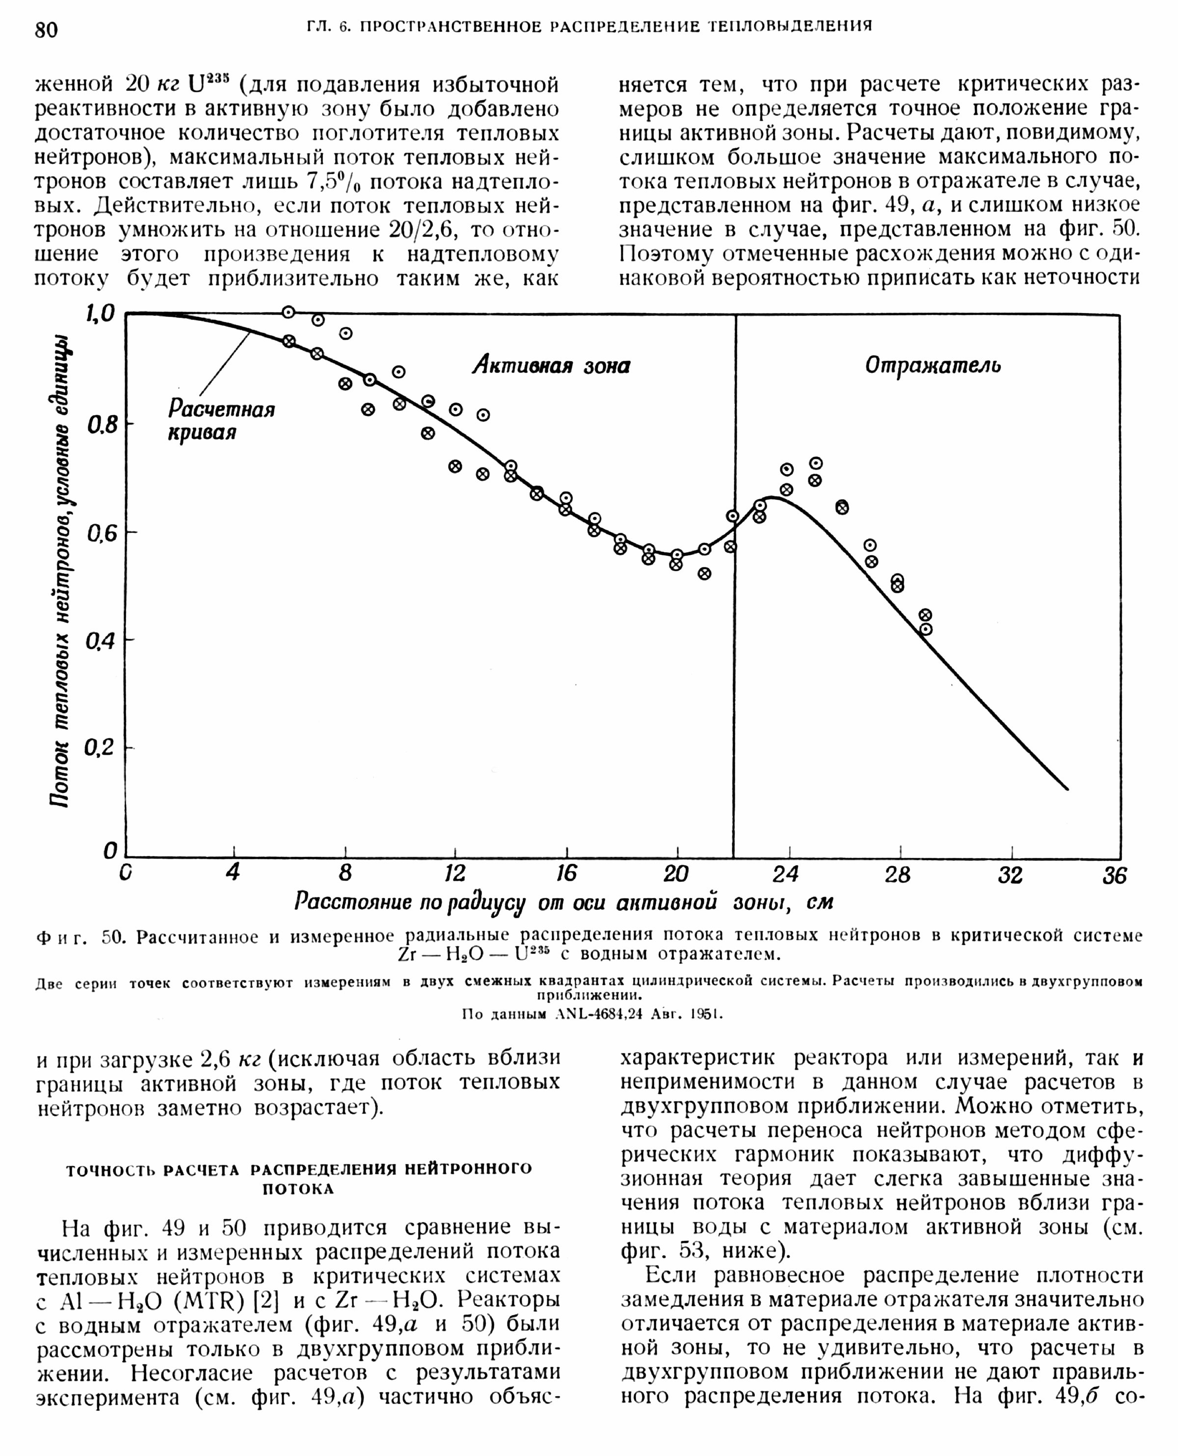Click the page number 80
[x=47, y=30]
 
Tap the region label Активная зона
[x=551, y=366]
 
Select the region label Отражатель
[x=933, y=365]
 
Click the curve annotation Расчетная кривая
[x=221, y=421]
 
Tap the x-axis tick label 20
[x=676, y=874]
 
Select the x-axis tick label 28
[x=897, y=875]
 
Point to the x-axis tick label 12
[x=454, y=874]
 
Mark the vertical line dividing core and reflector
[x=734, y=583]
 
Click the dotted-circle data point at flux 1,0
[x=289, y=312]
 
